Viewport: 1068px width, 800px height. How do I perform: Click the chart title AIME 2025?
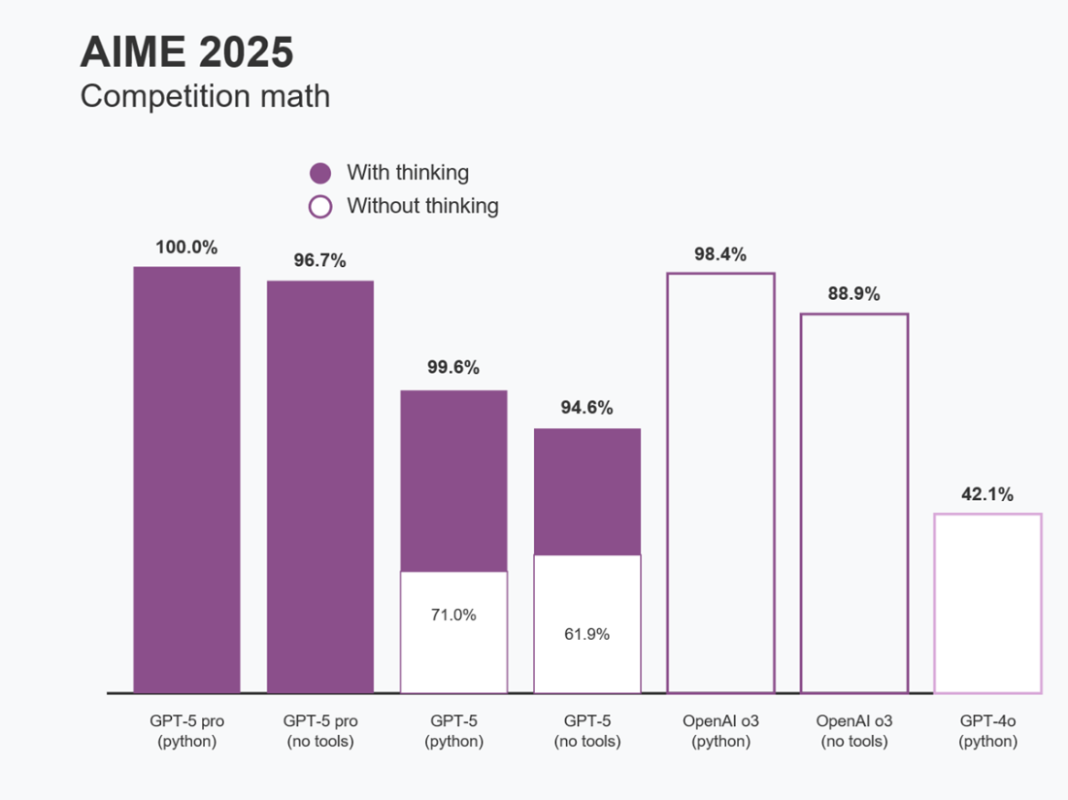186,52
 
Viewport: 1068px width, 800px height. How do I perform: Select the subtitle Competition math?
205,96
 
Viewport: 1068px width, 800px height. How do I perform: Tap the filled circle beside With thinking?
320,174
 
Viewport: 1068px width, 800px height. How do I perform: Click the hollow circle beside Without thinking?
320,207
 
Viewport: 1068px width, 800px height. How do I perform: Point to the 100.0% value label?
186,248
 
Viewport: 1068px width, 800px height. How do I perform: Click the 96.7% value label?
319,261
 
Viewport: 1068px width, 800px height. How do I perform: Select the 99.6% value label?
453,368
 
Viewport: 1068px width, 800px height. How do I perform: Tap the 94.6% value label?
586,408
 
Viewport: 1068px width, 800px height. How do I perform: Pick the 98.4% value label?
719,254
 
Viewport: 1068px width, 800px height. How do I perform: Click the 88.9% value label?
853,294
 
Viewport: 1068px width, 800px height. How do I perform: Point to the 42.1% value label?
986,494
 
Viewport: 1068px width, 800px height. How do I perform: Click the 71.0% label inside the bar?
453,615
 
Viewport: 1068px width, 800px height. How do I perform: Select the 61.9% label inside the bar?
586,634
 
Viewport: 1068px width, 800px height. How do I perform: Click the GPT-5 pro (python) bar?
186,480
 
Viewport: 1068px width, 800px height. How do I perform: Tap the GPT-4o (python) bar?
987,603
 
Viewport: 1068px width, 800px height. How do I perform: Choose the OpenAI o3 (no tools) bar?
853,503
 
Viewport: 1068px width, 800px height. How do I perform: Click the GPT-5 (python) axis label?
453,731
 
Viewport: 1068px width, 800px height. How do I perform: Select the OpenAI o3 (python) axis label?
720,731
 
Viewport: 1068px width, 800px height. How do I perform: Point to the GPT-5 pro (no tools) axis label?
320,731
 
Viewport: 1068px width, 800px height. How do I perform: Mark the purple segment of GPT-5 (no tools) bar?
586,491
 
